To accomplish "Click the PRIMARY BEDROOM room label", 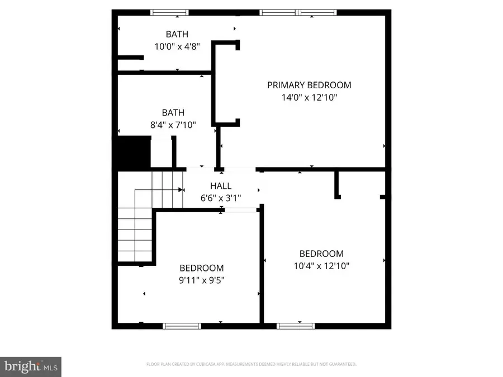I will coord(309,85).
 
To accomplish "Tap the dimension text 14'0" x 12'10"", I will coord(309,97).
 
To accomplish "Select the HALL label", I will coord(221,186).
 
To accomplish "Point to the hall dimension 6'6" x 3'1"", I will coord(221,197).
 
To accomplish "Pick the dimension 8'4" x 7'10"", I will coord(173,125).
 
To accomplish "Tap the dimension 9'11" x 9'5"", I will coord(201,280).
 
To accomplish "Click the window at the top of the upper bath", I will coord(170,12).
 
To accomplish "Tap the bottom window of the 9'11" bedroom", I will coord(182,326).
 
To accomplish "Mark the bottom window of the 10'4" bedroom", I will coord(296,326).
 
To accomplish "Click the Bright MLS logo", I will coord(31,366).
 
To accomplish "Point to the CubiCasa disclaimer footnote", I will coord(251,364).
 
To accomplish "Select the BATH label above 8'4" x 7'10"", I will coord(173,113).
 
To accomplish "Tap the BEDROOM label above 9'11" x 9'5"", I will coord(201,268).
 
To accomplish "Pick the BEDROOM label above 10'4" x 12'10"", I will coord(321,254).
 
